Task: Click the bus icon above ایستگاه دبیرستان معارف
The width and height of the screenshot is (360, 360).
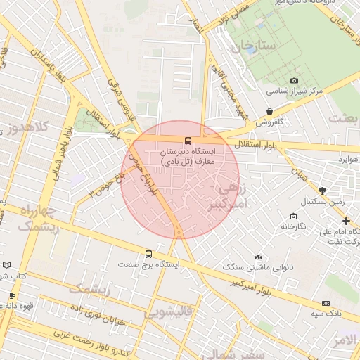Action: (x=188, y=140)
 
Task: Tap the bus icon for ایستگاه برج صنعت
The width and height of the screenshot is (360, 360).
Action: (x=148, y=254)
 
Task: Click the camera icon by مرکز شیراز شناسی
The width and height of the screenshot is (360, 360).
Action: (x=293, y=80)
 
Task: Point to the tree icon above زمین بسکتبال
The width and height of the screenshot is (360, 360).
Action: (x=322, y=191)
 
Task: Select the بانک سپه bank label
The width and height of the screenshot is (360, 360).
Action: (x=326, y=312)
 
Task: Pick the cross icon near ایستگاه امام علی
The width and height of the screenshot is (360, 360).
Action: (x=345, y=221)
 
